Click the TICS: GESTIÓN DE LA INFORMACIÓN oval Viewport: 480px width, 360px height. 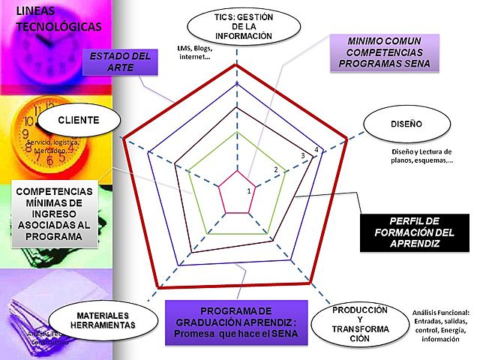236,25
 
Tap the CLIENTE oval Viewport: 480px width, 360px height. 78,121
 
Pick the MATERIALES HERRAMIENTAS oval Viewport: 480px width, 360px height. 105,320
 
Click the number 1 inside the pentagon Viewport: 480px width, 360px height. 249,191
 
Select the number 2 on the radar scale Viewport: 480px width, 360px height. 276,170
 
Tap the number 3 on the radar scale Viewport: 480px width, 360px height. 303,156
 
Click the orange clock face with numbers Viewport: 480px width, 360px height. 45,139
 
